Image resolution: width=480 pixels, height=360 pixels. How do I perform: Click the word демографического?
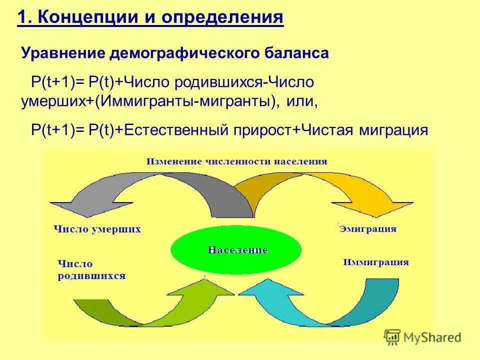[181, 53]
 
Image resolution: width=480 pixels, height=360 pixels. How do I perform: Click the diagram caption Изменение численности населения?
[237, 161]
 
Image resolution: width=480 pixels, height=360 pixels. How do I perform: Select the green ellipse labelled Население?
[236, 249]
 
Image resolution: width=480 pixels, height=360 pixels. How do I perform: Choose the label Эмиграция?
[367, 229]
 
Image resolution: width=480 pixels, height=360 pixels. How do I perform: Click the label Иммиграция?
[376, 262]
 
